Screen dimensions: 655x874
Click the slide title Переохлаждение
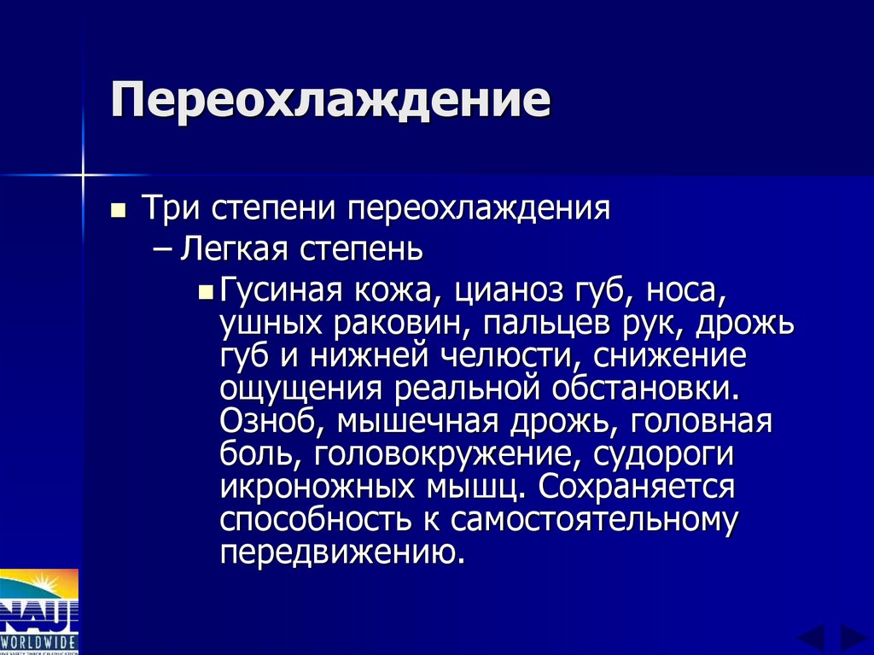(x=329, y=102)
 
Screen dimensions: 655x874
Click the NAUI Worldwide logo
(x=38, y=610)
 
